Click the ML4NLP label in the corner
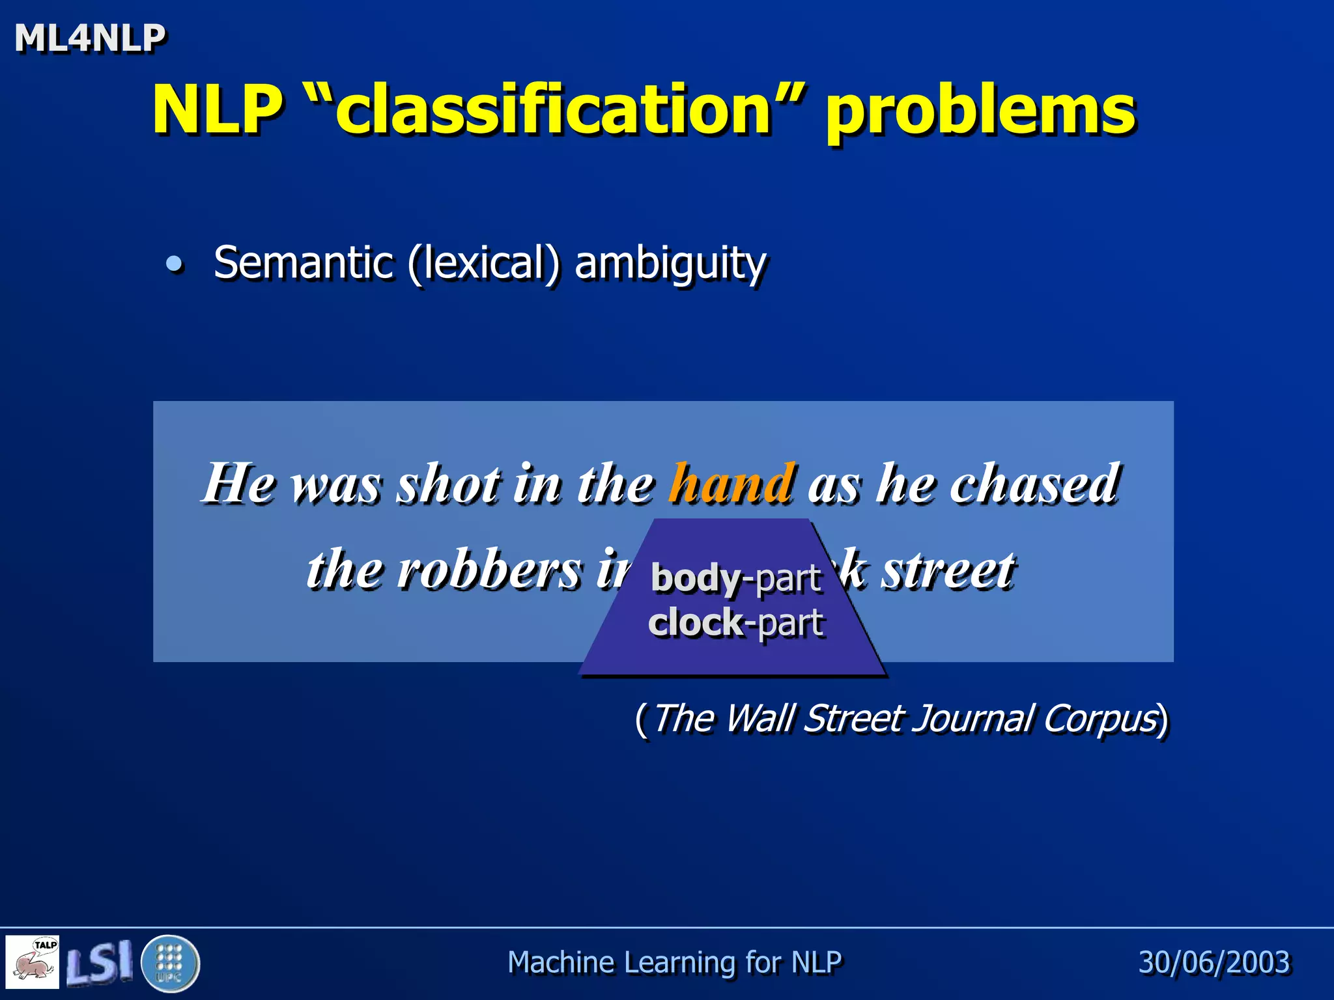pyautogui.click(x=90, y=38)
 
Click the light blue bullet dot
pyautogui.click(x=174, y=264)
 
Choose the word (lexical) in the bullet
pyautogui.click(x=483, y=264)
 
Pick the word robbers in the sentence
pyautogui.click(x=489, y=570)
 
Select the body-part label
pyautogui.click(x=736, y=578)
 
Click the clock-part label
pyautogui.click(x=736, y=622)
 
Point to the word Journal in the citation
pyautogui.click(x=971, y=719)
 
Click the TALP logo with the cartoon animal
pyautogui.click(x=33, y=962)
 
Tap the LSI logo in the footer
pyautogui.click(x=100, y=962)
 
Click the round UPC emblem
pyautogui.click(x=170, y=963)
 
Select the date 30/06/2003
pyautogui.click(x=1213, y=962)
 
